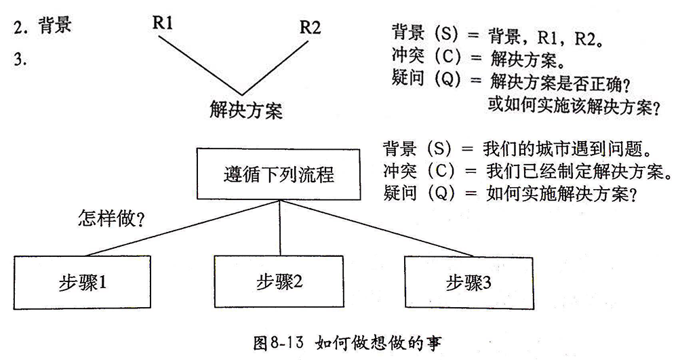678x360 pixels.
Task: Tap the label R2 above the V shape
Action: point(310,28)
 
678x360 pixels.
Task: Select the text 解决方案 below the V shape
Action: point(245,108)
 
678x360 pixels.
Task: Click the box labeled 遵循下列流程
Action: point(279,174)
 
